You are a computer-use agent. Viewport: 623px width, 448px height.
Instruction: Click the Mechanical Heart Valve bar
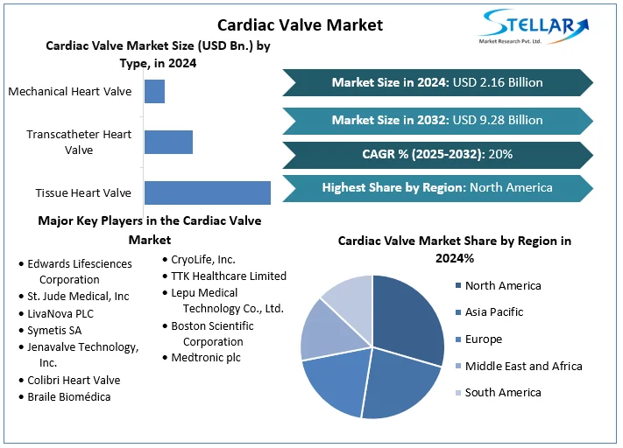pyautogui.click(x=154, y=91)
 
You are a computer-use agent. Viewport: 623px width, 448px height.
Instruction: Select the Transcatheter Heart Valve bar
pyautogui.click(x=168, y=142)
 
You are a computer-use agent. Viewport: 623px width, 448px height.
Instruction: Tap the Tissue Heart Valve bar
pyautogui.click(x=207, y=192)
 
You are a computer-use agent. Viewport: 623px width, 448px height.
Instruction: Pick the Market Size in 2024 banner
pyautogui.click(x=437, y=82)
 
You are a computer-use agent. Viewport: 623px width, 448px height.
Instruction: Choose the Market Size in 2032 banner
pyautogui.click(x=437, y=120)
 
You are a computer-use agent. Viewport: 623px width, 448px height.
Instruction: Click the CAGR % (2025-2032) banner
pyautogui.click(x=437, y=154)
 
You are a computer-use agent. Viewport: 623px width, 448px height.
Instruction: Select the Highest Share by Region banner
pyautogui.click(x=437, y=187)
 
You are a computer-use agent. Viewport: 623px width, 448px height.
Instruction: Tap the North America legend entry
pyautogui.click(x=502, y=285)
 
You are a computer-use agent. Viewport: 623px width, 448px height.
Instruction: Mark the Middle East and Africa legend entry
pyautogui.click(x=523, y=366)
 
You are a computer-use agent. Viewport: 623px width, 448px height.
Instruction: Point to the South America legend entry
pyautogui.click(x=502, y=392)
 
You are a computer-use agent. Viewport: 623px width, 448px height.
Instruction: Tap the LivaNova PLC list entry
pyautogui.click(x=60, y=313)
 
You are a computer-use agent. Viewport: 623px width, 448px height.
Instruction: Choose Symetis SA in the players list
pyautogui.click(x=54, y=330)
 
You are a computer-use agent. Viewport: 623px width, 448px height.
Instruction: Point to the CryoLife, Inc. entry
pyautogui.click(x=202, y=259)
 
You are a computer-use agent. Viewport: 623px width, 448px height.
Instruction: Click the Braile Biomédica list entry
pyautogui.click(x=68, y=396)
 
